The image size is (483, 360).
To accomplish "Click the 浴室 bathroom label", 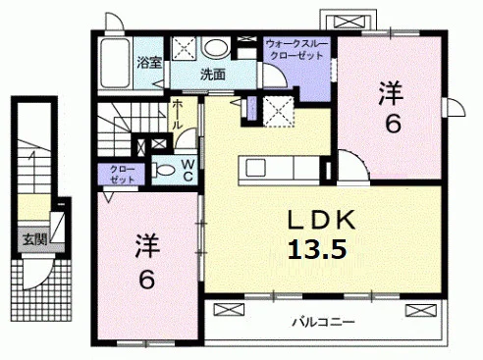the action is click(x=149, y=63).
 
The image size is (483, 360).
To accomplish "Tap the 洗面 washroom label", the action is click(x=213, y=75).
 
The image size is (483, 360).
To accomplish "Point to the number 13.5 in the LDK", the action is click(x=317, y=249).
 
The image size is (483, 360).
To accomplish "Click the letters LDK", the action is click(x=321, y=220).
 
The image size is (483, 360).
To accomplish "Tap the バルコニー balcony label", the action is click(x=323, y=323).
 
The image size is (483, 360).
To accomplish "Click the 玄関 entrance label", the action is click(x=35, y=239).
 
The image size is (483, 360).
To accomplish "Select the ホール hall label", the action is click(x=177, y=115).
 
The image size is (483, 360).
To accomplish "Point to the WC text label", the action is click(x=188, y=171).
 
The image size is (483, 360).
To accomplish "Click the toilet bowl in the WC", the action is click(x=165, y=170).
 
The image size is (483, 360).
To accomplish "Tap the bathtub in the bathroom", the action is click(x=115, y=64).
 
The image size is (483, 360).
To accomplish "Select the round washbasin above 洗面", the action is click(x=215, y=48).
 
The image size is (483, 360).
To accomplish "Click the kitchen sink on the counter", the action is click(x=257, y=167).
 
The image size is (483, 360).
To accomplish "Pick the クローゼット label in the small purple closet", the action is click(x=122, y=175).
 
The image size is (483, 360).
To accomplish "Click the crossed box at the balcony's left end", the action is click(x=229, y=310).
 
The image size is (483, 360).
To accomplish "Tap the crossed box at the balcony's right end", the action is click(x=420, y=310).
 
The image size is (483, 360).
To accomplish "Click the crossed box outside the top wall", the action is click(x=348, y=23).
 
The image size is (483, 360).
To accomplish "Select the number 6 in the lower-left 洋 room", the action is click(x=146, y=281).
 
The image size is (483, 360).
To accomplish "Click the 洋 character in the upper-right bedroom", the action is click(x=390, y=93).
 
